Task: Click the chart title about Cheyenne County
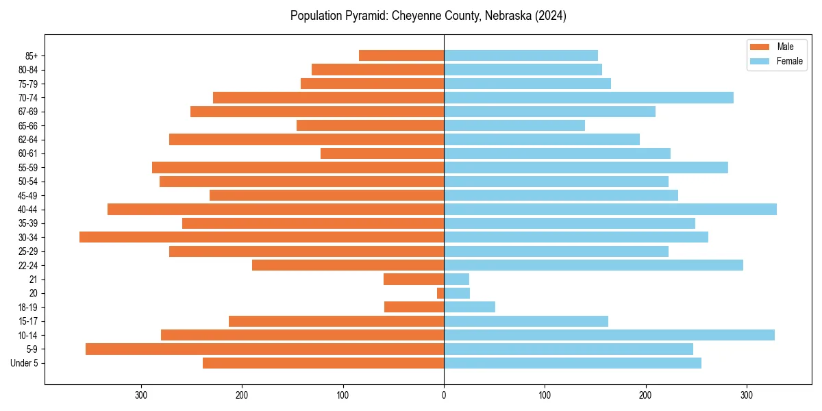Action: point(428,16)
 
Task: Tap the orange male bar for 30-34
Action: point(262,237)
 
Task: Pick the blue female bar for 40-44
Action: point(610,210)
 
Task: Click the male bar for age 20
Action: point(440,293)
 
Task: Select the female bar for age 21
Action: point(456,279)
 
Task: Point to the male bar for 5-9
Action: point(264,349)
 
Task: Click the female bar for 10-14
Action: point(609,335)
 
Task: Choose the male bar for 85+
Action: point(401,55)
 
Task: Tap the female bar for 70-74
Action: point(588,98)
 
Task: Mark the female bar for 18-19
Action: point(469,307)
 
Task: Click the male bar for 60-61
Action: point(382,153)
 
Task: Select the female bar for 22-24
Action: point(593,265)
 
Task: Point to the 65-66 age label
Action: point(28,126)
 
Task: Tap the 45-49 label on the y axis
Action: point(28,195)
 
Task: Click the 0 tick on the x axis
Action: point(444,395)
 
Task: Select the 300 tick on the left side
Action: point(141,395)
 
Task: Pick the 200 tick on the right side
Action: point(645,395)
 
